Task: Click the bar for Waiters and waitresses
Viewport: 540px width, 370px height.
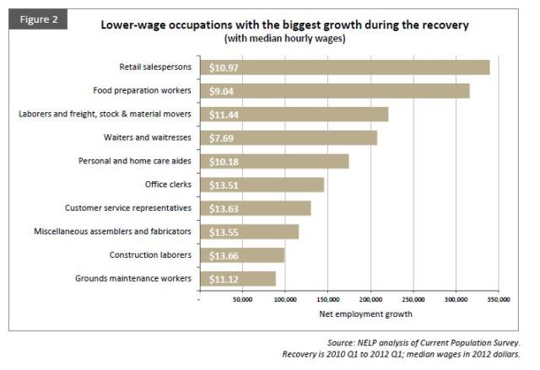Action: point(288,137)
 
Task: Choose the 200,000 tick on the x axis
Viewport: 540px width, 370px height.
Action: point(370,298)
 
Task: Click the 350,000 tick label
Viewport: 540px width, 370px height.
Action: point(499,298)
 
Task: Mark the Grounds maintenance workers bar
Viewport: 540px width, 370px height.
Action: point(237,278)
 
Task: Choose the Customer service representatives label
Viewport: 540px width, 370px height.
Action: point(128,207)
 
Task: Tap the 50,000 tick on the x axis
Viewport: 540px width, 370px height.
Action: point(242,298)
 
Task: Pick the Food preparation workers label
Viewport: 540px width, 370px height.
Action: point(140,90)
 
